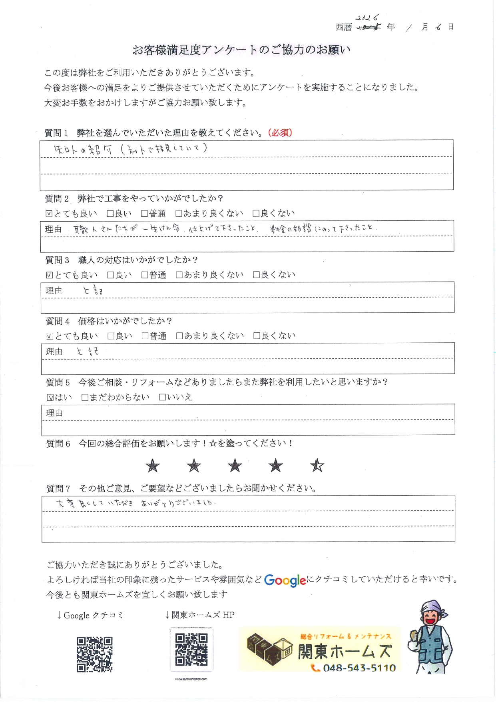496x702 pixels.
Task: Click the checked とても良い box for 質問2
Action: (49, 214)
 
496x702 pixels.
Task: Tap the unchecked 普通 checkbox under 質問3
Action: (145, 275)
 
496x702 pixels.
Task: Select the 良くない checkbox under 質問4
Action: (257, 336)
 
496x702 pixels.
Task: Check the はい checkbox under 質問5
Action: (50, 398)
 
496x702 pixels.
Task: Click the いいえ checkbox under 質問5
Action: (162, 397)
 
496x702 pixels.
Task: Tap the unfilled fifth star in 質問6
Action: (317, 465)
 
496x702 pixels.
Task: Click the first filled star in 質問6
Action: (153, 466)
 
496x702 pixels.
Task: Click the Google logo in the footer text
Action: (285, 580)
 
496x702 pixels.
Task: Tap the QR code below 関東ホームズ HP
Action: (191, 650)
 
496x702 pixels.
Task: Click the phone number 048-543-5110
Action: (359, 668)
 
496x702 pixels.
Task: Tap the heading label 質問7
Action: (58, 488)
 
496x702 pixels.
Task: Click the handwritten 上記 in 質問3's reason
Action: (93, 290)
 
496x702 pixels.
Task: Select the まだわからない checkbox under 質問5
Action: (85, 397)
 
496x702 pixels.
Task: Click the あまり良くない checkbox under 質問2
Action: (179, 214)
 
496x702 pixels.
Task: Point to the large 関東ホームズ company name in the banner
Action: (344, 652)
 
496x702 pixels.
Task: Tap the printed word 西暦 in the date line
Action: (344, 27)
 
